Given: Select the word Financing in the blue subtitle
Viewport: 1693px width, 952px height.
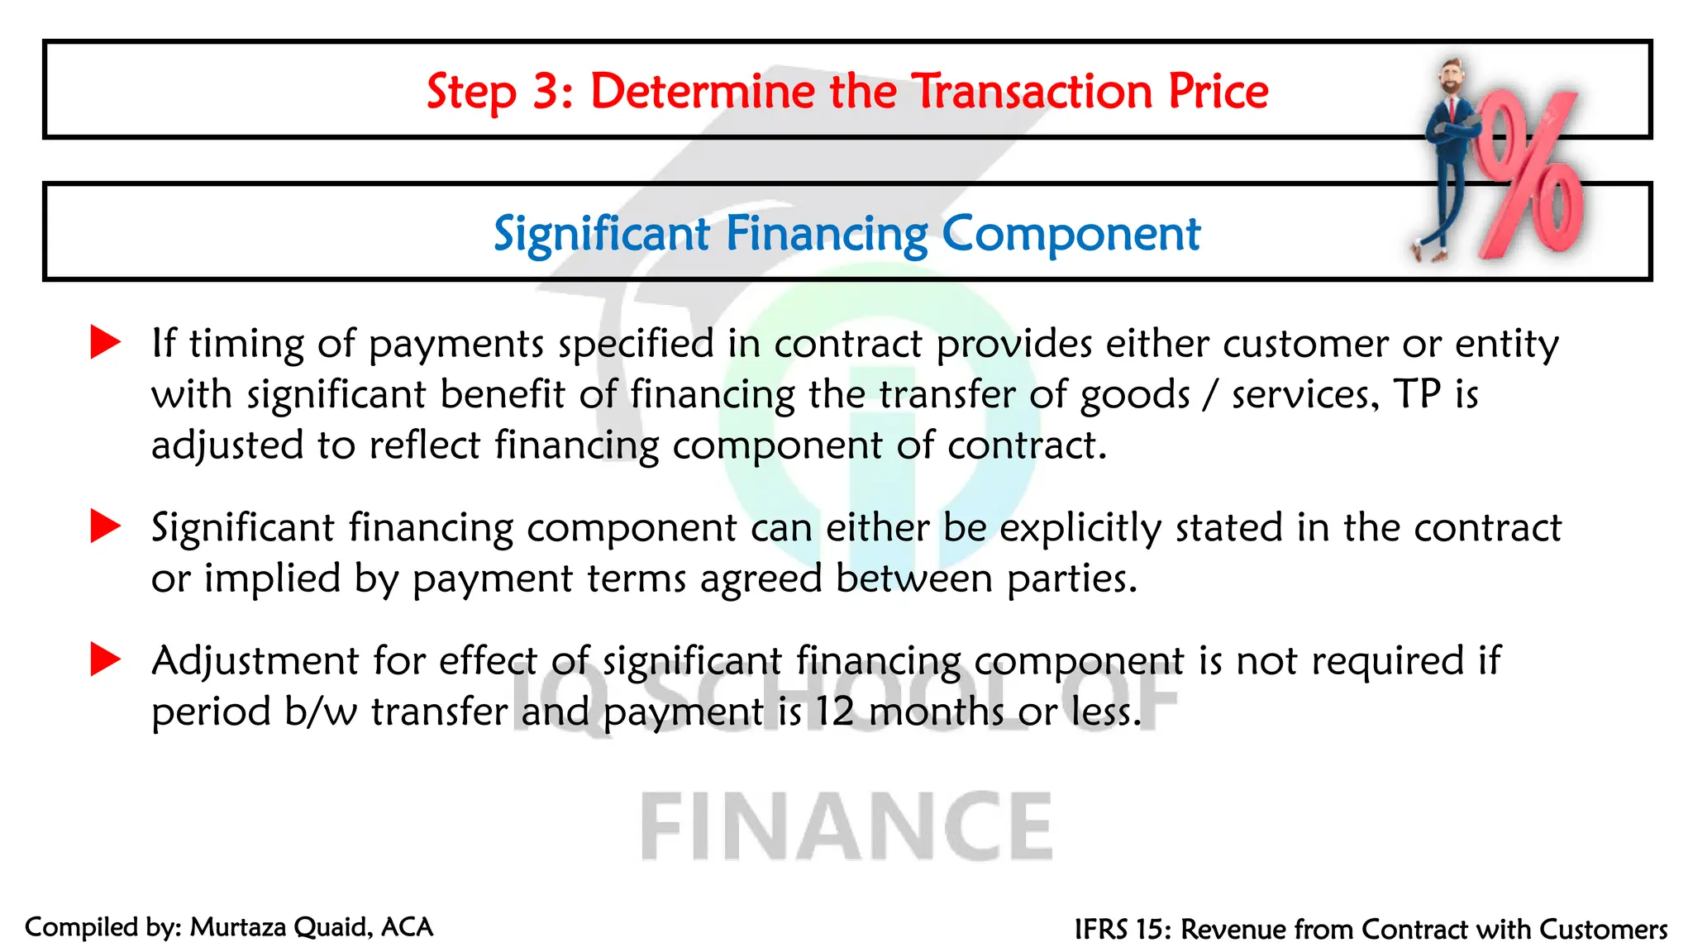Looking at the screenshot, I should (827, 234).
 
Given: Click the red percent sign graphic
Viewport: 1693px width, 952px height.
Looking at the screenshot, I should (1529, 178).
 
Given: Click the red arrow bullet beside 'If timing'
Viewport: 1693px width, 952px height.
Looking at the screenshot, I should (105, 342).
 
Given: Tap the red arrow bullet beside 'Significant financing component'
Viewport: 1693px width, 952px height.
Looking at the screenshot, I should (105, 526).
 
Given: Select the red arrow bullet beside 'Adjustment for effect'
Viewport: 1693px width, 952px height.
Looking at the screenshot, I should (105, 659).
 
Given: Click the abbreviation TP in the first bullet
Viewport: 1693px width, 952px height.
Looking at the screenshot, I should (1418, 394).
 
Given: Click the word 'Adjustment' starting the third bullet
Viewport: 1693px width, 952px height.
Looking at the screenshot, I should (255, 661).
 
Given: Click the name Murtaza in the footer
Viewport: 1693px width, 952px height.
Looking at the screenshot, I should (238, 927).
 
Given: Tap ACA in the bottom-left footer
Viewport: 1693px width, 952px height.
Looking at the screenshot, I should (407, 927).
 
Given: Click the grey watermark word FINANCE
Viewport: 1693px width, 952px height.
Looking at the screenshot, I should (846, 826).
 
